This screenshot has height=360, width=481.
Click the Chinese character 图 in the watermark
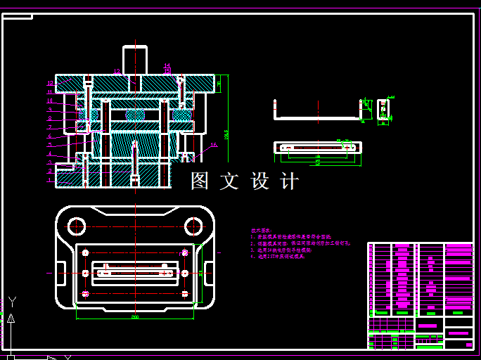pos(200,181)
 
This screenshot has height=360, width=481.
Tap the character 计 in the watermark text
pos(289,181)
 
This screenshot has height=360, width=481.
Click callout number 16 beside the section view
pos(214,146)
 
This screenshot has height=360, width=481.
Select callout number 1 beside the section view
pos(50,180)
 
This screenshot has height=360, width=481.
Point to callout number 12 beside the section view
pos(50,83)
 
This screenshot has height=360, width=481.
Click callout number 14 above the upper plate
pos(167,66)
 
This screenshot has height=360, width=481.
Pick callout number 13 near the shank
pos(117,71)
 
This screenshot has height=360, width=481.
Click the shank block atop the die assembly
pos(135,60)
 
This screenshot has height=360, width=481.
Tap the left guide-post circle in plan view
pos(76,226)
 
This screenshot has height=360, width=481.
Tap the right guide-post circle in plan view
pos(193,226)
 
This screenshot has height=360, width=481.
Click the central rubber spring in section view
pos(135,114)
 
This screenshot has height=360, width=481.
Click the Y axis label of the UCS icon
pos(12,302)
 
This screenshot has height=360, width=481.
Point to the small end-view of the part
pos(383,111)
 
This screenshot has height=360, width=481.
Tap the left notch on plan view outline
pos(57,272)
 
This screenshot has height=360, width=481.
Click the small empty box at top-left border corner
pos(18,15)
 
